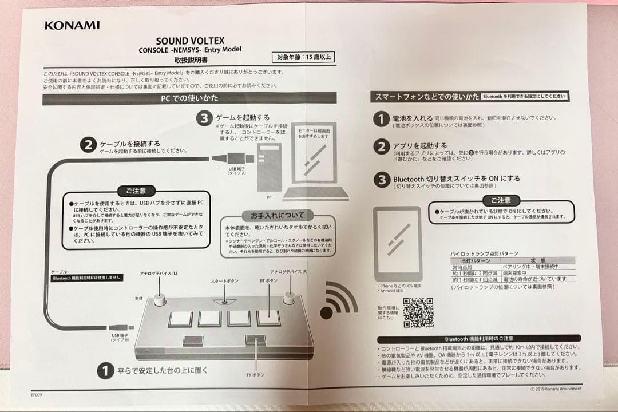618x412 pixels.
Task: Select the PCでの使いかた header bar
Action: pos(188,98)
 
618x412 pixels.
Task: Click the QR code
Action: pos(418,311)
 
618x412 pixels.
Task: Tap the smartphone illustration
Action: pos(398,243)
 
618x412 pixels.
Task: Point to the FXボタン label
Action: pos(255,375)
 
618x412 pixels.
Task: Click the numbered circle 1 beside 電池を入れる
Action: pos(382,119)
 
